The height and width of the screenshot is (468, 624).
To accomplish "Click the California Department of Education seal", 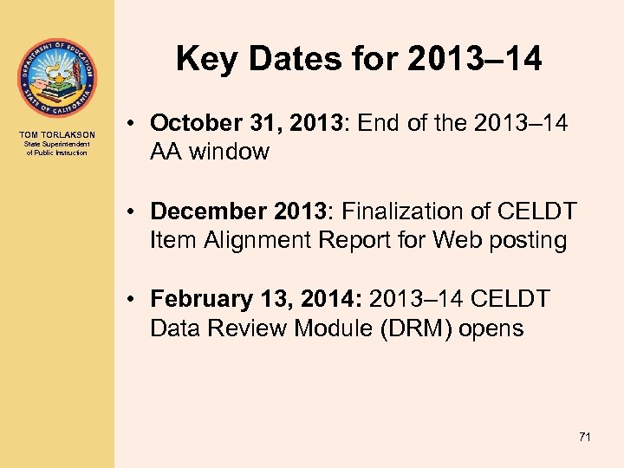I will click(x=56, y=78).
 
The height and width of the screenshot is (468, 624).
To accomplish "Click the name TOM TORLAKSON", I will click(x=56, y=135).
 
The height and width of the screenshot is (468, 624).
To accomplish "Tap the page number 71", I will click(x=584, y=438).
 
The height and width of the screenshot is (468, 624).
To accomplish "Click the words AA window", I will click(x=210, y=152).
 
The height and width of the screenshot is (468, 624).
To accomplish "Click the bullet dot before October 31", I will click(x=127, y=125).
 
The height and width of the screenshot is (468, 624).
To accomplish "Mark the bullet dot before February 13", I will click(x=127, y=301).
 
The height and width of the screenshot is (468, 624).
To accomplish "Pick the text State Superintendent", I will click(x=56, y=145).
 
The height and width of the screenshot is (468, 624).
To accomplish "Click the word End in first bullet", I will click(x=380, y=124).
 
